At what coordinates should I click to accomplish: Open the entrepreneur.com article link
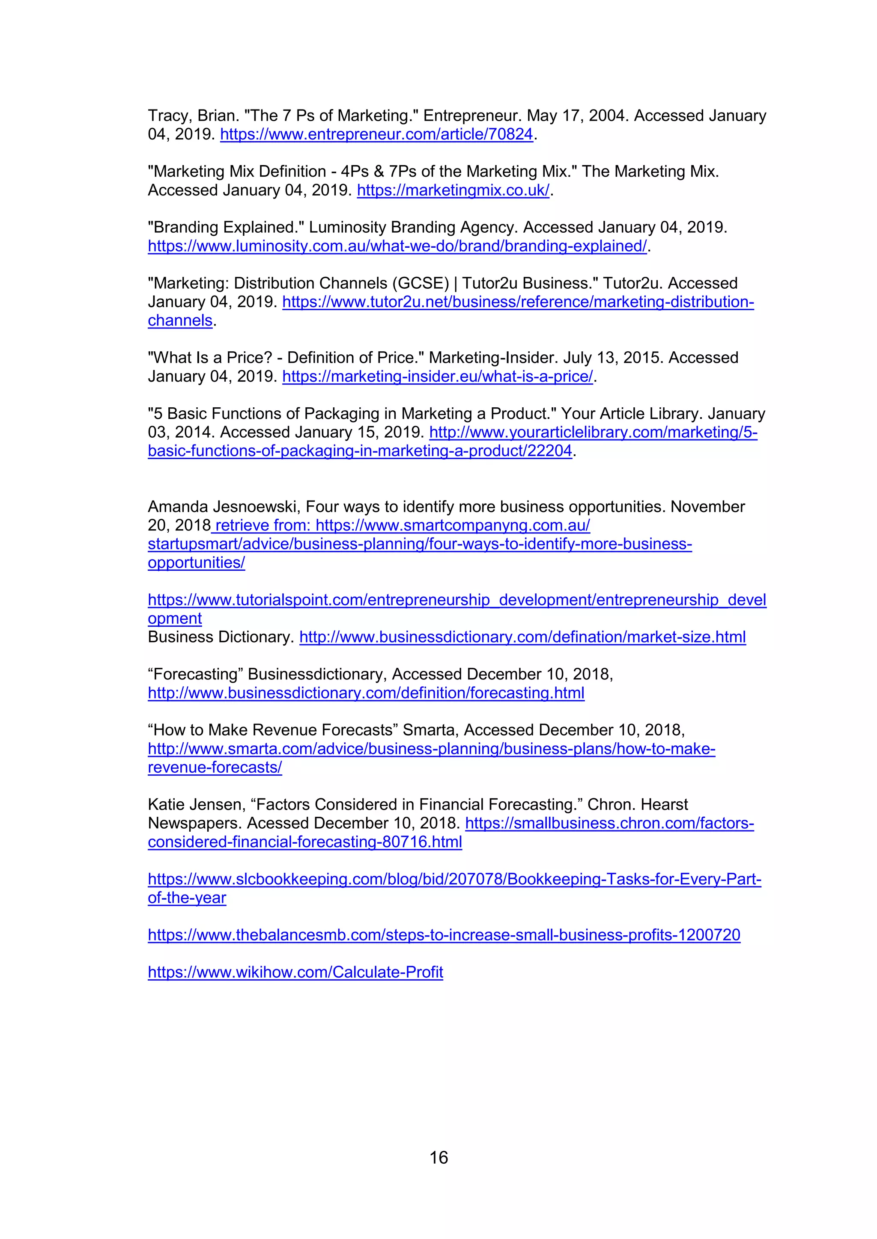pos(376,134)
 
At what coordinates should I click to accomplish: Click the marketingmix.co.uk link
pos(453,190)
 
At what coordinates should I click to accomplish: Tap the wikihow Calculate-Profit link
pos(295,972)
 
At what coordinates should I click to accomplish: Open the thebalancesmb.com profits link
pos(444,935)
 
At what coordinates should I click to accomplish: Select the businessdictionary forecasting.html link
pos(366,693)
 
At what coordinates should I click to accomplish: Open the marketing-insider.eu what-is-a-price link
pos(437,376)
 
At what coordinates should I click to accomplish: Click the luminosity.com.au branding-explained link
pos(397,246)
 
